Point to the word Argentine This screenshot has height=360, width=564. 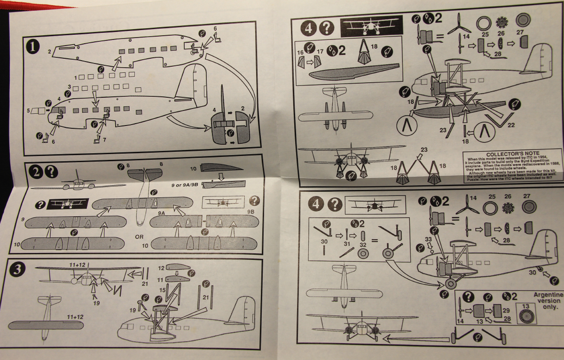click(548, 294)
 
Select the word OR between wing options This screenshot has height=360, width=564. click(139, 236)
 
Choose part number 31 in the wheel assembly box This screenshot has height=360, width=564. click(347, 244)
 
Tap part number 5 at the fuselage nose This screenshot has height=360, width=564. click(29, 111)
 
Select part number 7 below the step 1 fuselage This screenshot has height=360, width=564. click(104, 140)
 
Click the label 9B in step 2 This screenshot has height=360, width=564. click(250, 212)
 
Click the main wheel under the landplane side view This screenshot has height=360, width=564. click(451, 283)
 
